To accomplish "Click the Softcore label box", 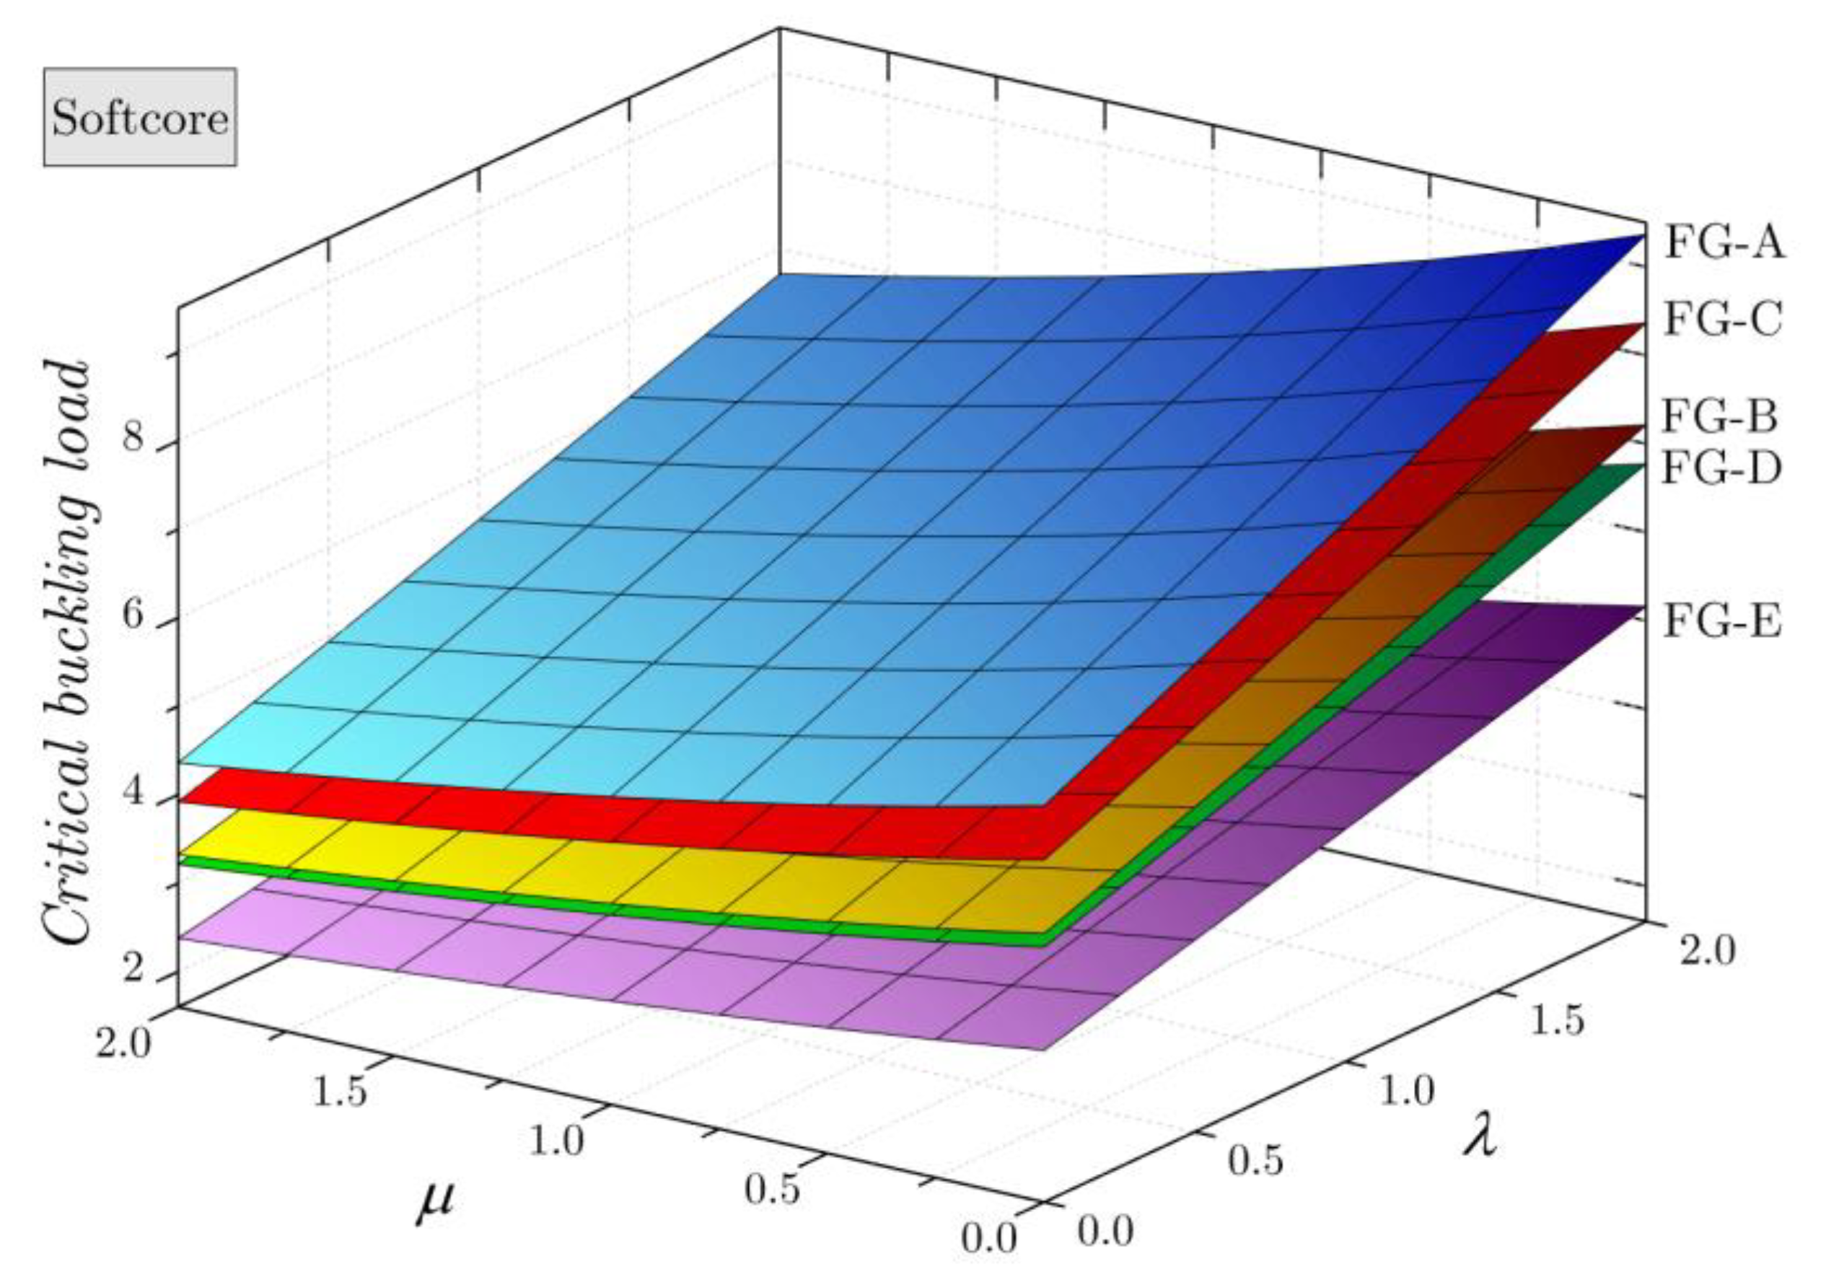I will click(140, 117).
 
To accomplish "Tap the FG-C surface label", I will click(1723, 320).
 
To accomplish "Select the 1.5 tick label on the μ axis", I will click(340, 1091).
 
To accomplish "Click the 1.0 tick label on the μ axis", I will click(557, 1140).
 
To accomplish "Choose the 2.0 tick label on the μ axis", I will click(123, 1043).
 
